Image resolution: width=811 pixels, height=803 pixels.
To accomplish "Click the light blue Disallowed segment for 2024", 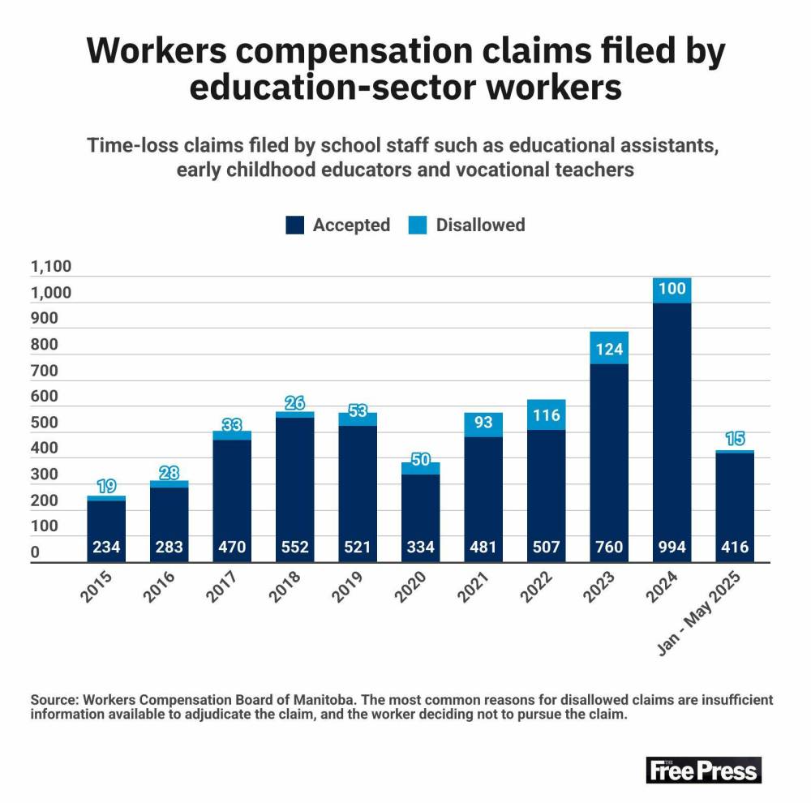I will pos(672,290).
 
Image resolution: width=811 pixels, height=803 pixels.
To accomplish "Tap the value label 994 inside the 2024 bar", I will pos(672,547).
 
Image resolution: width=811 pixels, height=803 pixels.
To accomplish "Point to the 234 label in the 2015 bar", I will pos(106,547).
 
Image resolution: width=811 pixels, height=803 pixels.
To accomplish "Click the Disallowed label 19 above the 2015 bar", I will pos(106,487).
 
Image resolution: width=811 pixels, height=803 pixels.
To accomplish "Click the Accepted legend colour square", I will pos(295,225).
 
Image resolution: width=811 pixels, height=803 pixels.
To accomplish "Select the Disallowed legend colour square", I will pos(418,225).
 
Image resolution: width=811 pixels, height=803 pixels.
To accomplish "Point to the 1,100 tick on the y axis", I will pos(51,267).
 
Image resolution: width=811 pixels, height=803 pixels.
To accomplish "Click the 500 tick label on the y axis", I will pos(45,423).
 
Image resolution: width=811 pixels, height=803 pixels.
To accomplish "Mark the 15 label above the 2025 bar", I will pos(735,439).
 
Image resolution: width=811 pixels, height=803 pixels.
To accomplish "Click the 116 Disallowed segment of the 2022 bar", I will pos(546,414).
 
